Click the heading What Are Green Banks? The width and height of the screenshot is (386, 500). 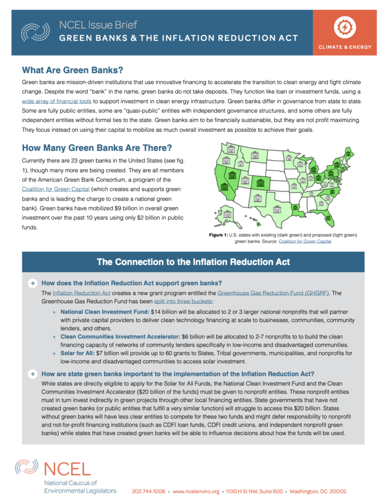[72, 69]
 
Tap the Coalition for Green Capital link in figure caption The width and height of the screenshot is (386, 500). [304, 241]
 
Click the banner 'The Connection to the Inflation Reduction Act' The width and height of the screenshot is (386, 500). [193, 262]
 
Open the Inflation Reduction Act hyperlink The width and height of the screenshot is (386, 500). [82, 292]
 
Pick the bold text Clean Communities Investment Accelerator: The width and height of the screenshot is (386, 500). [119, 337]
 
